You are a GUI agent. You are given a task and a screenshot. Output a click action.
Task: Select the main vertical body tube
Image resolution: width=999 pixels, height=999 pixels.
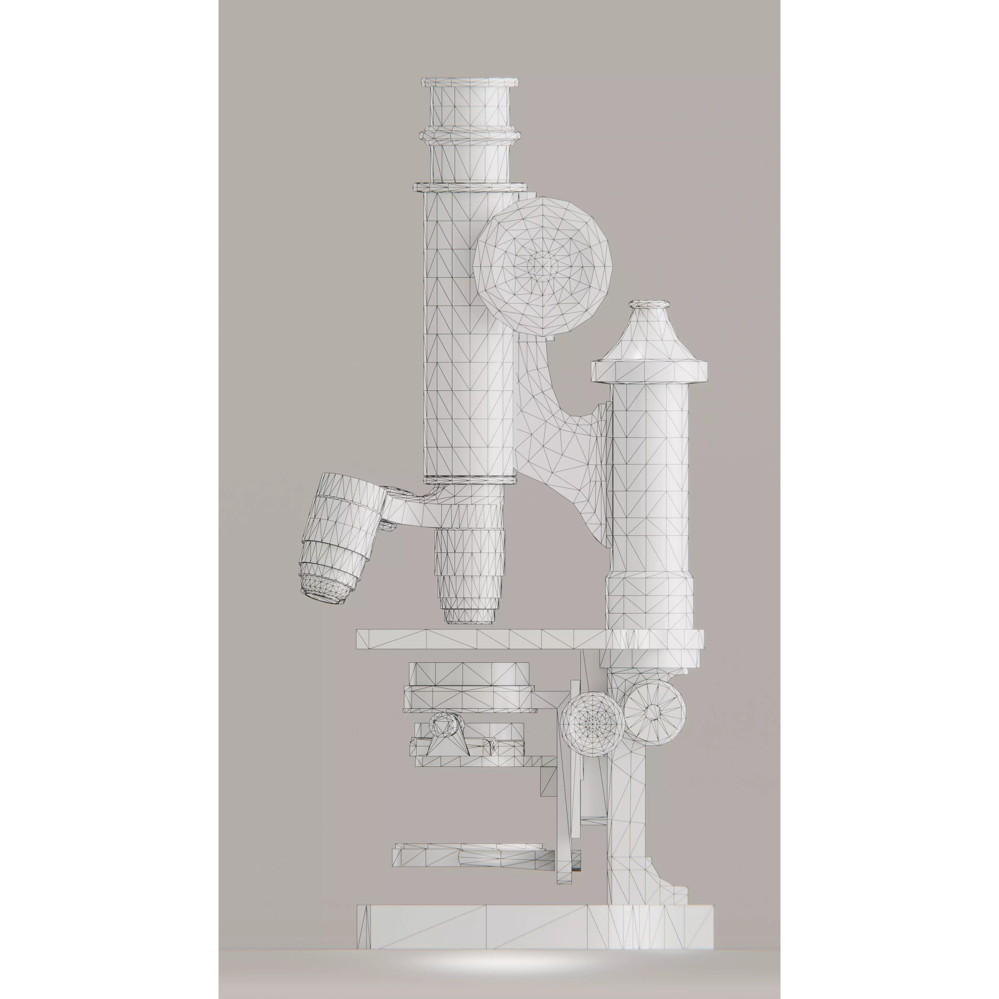tap(468, 336)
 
